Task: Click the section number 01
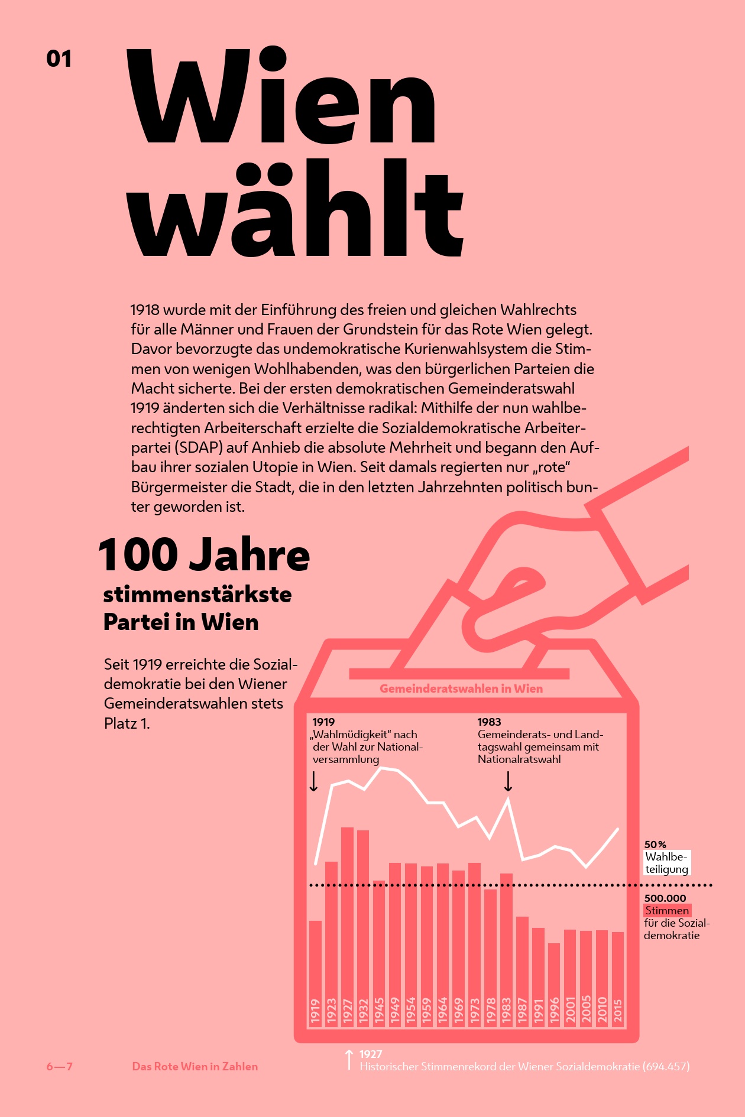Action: pyautogui.click(x=59, y=59)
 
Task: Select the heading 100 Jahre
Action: pyautogui.click(x=204, y=555)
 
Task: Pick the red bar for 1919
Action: pyautogui.click(x=315, y=957)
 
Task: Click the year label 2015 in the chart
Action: pyautogui.click(x=618, y=1011)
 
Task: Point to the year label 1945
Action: pyautogui.click(x=379, y=1011)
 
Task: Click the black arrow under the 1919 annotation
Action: pyautogui.click(x=314, y=781)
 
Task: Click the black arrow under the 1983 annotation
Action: pyautogui.click(x=508, y=781)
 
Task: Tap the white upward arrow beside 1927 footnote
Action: pyautogui.click(x=349, y=1060)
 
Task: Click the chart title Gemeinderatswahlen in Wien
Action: pyautogui.click(x=461, y=689)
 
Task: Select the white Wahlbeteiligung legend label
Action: pyautogui.click(x=666, y=863)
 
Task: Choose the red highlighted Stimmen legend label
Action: pyautogui.click(x=667, y=911)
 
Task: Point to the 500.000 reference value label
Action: pyautogui.click(x=665, y=898)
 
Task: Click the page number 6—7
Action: pyautogui.click(x=60, y=1067)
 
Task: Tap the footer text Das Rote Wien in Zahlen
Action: pyautogui.click(x=195, y=1067)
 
